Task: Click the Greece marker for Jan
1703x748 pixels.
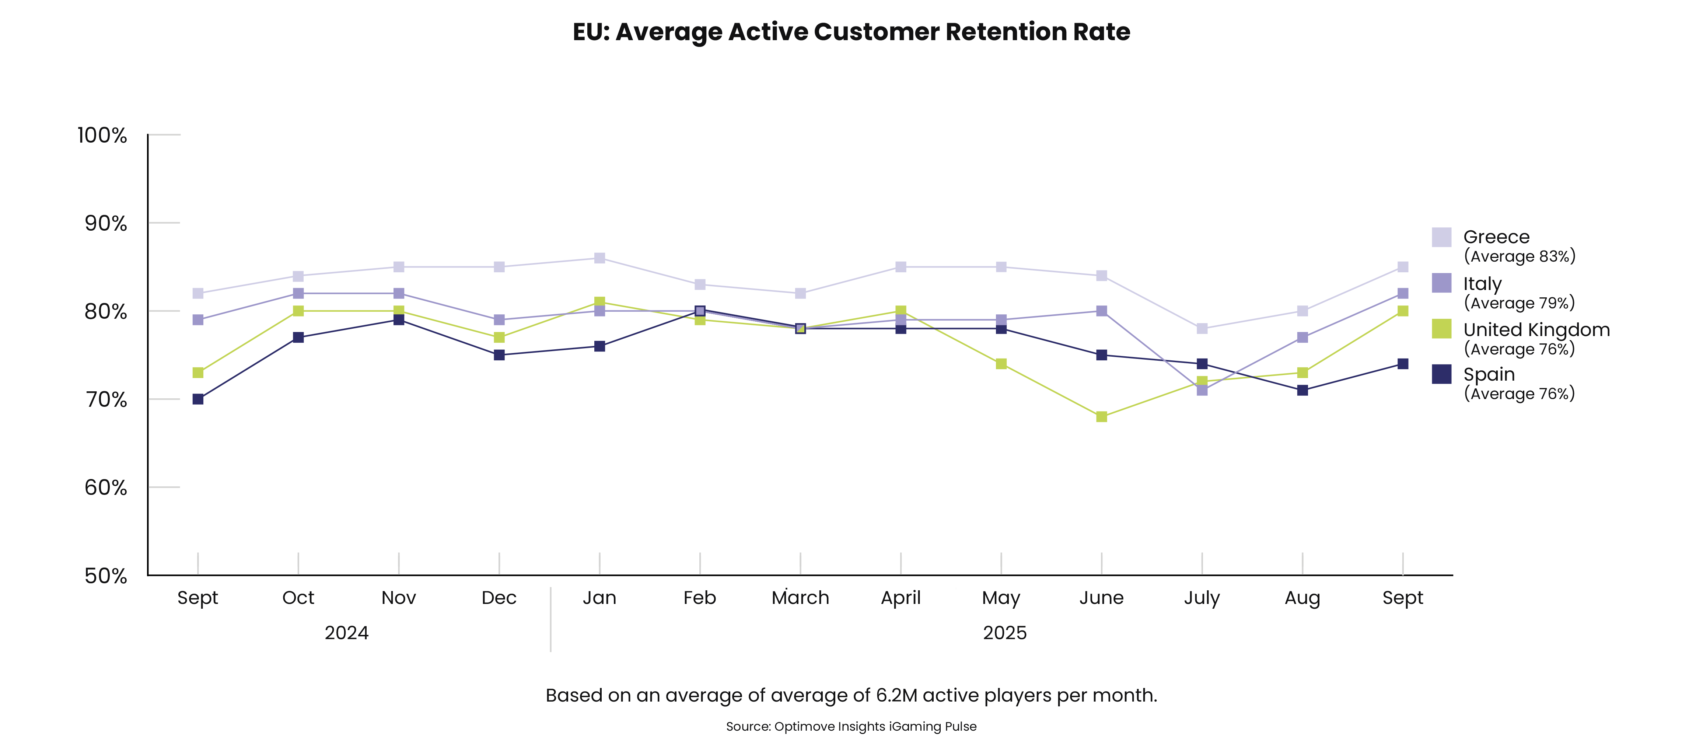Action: coord(599,258)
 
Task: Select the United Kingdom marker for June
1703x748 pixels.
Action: coord(1101,417)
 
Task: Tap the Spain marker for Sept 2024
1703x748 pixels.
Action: coord(197,399)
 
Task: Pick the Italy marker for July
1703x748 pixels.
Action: coord(1202,390)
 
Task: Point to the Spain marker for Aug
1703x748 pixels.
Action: coord(1302,390)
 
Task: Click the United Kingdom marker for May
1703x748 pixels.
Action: coord(1001,364)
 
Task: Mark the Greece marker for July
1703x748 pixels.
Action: coord(1202,329)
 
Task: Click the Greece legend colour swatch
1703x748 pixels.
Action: coord(1441,237)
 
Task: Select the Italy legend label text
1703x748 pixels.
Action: coord(1482,284)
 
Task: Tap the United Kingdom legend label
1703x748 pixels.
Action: coord(1536,329)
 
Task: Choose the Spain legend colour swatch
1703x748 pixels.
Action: coord(1441,374)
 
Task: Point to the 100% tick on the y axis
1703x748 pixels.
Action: coord(102,135)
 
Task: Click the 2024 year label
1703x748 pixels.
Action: coord(346,633)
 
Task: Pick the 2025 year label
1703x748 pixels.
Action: coord(1004,633)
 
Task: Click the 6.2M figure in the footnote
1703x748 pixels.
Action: coord(896,695)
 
